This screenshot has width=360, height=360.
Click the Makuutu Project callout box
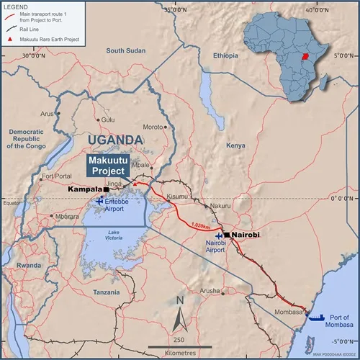click(109, 166)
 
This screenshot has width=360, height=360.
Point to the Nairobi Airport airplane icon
click(219, 237)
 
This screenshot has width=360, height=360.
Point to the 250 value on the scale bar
click(180, 339)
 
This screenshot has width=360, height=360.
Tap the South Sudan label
click(125, 51)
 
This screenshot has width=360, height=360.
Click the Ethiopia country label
click(225, 55)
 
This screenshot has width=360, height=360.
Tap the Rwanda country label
click(30, 265)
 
